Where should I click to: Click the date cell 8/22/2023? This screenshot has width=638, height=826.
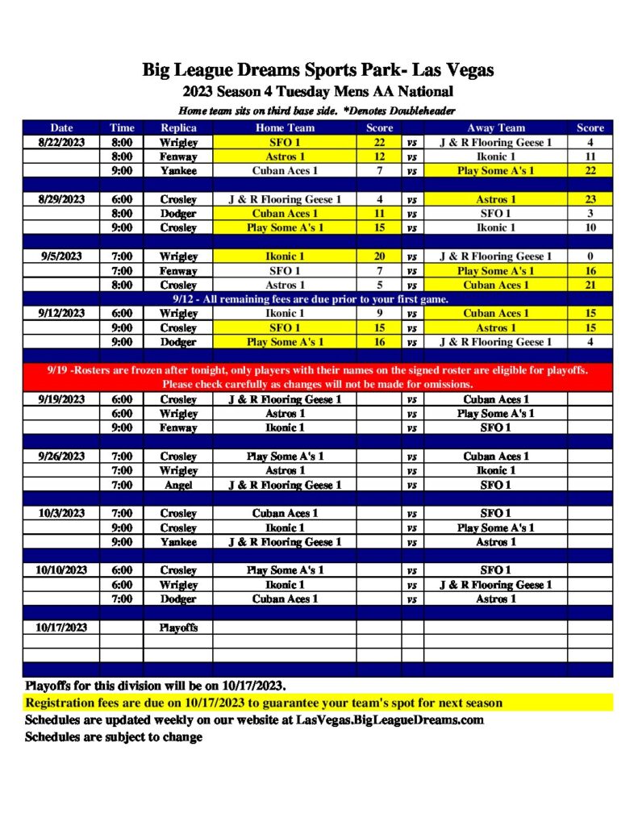pos(61,142)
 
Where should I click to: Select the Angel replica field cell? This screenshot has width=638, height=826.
pos(178,485)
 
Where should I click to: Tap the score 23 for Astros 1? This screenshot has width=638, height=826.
pos(590,199)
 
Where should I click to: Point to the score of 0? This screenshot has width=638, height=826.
pos(590,257)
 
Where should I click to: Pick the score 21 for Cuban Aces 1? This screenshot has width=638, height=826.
pos(590,285)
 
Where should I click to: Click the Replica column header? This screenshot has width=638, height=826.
pos(178,127)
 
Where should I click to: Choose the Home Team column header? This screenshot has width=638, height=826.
pos(285,127)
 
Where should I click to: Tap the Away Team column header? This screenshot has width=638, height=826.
pos(495,127)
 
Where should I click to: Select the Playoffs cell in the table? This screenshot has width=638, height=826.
pos(178,627)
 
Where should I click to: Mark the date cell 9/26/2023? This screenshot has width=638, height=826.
pos(61,456)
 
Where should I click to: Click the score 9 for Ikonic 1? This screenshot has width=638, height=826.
pos(379,313)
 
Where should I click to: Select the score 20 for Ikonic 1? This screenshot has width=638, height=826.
pos(379,257)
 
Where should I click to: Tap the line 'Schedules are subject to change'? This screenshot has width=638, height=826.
pos(114,736)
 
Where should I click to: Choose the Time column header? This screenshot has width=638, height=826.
pos(122,127)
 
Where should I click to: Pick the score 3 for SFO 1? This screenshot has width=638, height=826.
pos(590,214)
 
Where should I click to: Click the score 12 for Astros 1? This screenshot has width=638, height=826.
pos(379,156)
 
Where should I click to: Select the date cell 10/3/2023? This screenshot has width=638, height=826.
pos(61,513)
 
